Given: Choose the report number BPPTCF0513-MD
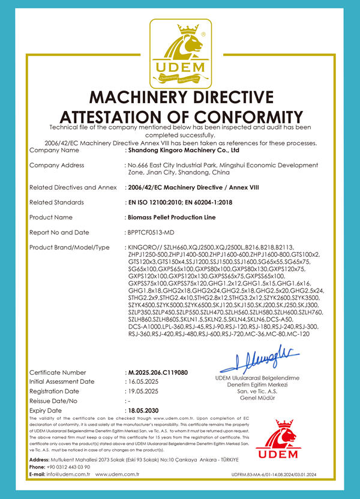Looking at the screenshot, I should [152, 232].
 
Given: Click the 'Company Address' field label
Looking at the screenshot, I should [57, 166].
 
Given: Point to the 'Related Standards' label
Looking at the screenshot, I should [57, 202].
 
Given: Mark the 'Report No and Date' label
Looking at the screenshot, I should [59, 232].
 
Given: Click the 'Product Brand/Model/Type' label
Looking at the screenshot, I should [70, 247].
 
